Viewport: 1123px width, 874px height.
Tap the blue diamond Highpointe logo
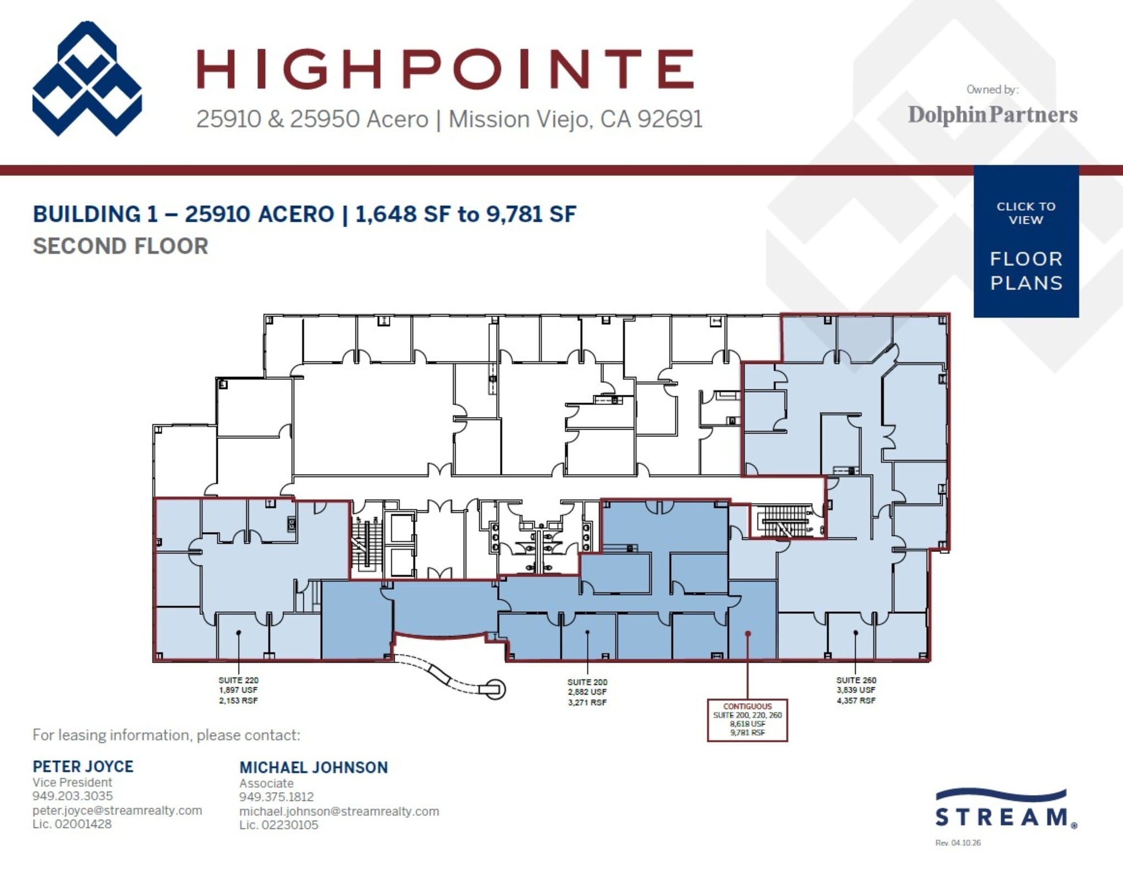87,78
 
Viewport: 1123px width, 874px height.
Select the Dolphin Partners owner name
992,115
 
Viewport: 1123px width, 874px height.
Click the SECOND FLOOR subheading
121,246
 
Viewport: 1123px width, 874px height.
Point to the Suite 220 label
238,690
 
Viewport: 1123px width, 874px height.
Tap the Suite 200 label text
587,692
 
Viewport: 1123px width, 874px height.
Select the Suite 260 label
856,690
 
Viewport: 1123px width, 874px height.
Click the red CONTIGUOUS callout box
747,720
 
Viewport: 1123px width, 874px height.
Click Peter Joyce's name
83,766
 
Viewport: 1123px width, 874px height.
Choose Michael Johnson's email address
339,811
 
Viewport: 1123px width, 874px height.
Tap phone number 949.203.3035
72,796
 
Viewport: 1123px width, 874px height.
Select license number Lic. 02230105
279,825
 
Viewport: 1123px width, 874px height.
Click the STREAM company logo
1006,809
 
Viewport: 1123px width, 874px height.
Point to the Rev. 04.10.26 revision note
957,843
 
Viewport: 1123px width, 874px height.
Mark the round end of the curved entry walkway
495,689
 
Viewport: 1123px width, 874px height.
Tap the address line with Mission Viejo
449,119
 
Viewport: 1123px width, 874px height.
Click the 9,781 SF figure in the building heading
531,214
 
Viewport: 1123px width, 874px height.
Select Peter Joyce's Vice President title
72,782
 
